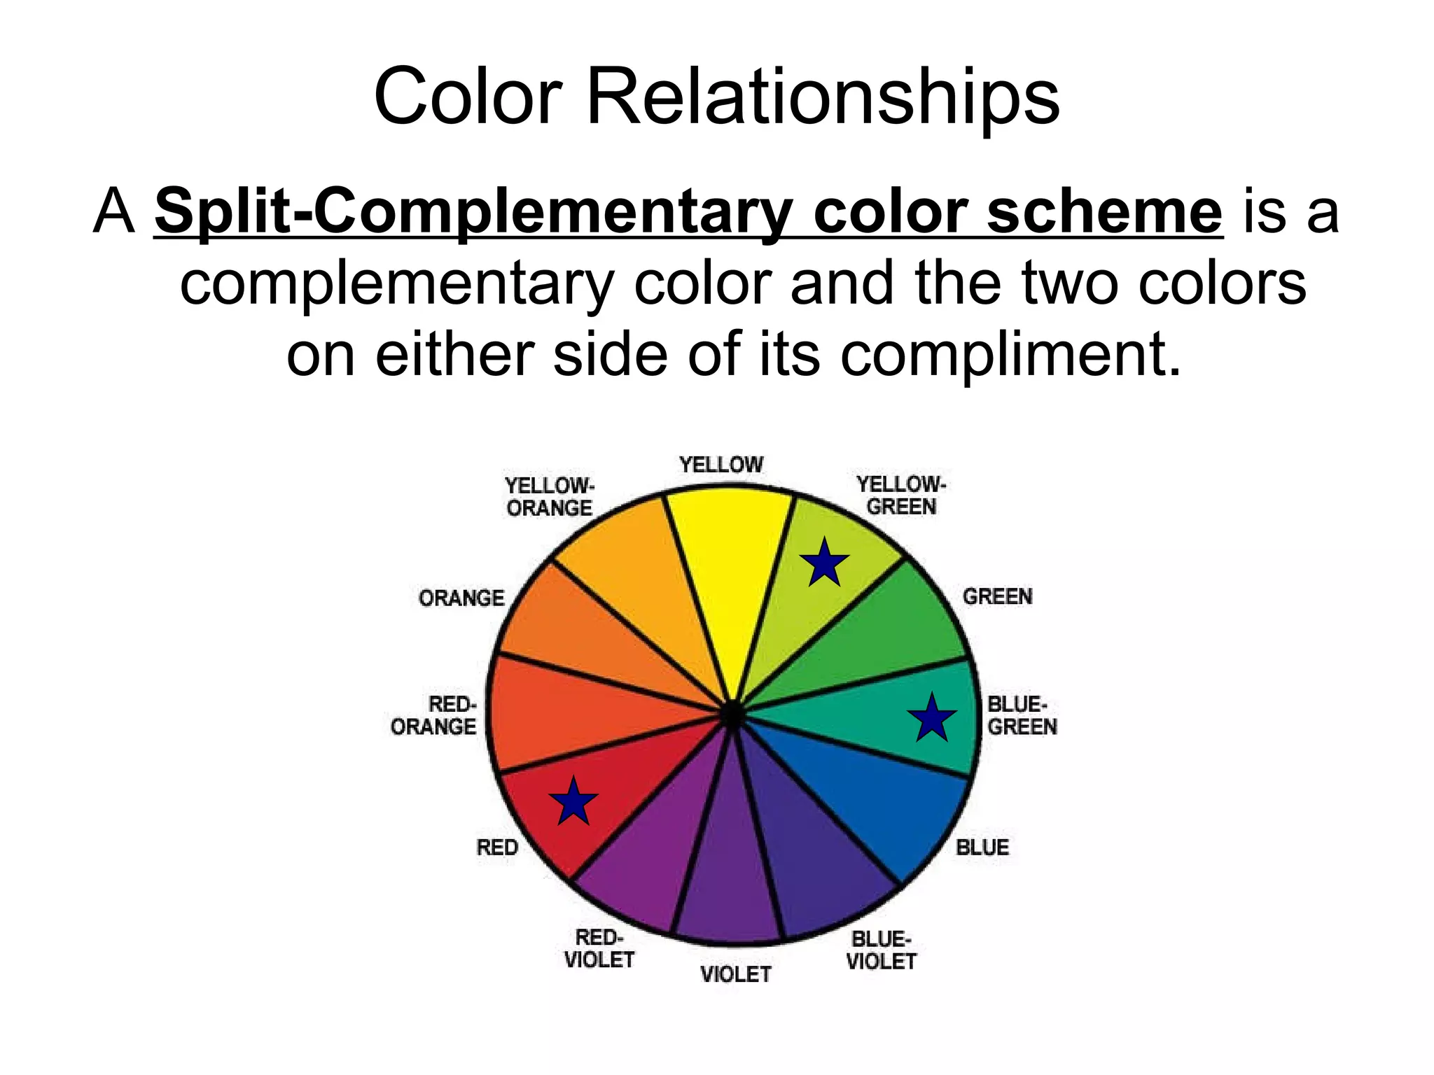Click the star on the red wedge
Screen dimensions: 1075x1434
tap(573, 801)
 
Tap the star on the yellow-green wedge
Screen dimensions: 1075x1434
tap(825, 563)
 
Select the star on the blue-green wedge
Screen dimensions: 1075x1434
tap(932, 718)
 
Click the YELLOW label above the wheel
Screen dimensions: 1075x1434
tap(721, 465)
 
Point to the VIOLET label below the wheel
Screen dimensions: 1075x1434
tap(736, 974)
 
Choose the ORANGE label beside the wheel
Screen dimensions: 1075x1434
tap(461, 598)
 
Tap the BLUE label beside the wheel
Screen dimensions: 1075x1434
tap(982, 848)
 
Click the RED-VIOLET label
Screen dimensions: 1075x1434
tap(599, 949)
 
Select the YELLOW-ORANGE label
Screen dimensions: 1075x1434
tap(550, 497)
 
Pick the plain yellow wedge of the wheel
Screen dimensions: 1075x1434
tap(728, 560)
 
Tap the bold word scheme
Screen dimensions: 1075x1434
tap(1104, 211)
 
